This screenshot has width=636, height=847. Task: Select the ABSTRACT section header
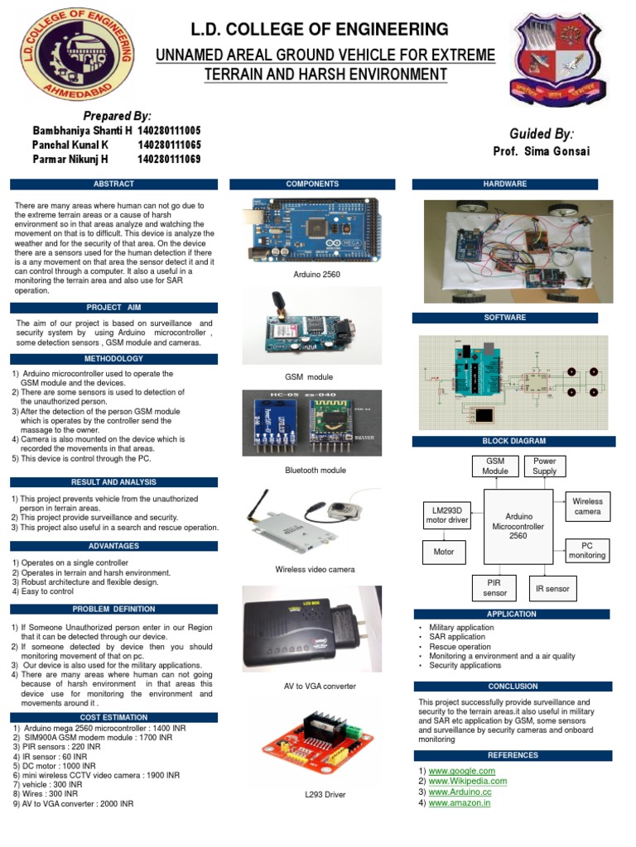[113, 184]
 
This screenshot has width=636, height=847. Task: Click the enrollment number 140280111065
[169, 145]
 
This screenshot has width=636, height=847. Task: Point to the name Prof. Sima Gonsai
[541, 151]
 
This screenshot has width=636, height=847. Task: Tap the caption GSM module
[309, 377]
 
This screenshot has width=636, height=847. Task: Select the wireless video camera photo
[312, 524]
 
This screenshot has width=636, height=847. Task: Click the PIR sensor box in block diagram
[495, 588]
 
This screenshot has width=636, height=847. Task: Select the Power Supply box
[545, 467]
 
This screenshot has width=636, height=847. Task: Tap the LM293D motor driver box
[447, 514]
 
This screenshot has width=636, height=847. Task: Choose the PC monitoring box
[586, 551]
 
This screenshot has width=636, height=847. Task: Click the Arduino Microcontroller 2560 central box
[518, 525]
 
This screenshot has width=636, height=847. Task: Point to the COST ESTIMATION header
[113, 717]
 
